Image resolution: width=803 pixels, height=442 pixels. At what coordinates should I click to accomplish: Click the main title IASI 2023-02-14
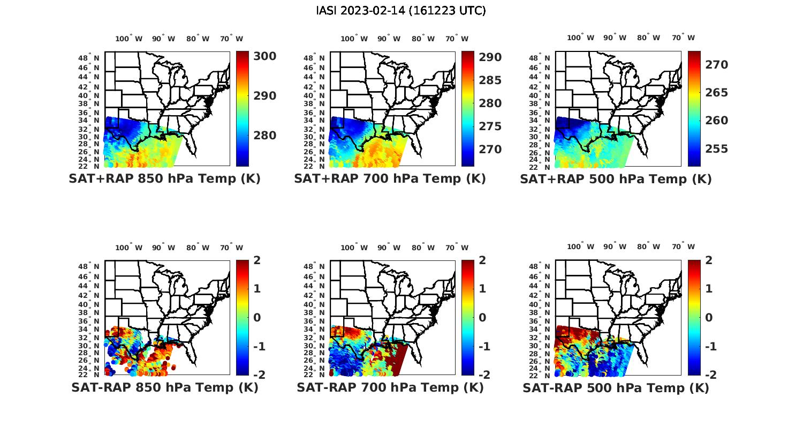401,11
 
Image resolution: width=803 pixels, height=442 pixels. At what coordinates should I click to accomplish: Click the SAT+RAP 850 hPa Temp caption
164,179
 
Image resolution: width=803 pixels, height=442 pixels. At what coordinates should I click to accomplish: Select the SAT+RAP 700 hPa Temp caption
390,179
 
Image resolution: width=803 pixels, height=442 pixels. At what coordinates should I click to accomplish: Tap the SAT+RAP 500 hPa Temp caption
616,179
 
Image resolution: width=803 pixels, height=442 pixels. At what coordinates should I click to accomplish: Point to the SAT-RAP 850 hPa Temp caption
164,388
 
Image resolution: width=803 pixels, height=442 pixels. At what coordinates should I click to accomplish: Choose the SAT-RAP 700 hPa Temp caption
390,388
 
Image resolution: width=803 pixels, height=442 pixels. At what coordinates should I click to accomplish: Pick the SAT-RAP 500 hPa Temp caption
616,388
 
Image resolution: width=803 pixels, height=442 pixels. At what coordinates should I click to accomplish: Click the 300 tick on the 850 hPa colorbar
264,56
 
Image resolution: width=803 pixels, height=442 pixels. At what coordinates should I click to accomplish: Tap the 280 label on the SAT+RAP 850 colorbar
264,136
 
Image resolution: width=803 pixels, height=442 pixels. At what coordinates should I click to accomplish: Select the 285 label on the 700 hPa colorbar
490,80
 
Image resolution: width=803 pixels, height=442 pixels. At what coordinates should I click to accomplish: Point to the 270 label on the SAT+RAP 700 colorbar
490,149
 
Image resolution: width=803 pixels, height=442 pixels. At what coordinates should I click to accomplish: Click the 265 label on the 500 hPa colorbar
716,93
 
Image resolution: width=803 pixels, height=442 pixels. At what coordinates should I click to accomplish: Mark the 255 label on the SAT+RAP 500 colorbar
716,149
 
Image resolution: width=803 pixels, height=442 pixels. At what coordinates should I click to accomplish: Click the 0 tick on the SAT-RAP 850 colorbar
257,318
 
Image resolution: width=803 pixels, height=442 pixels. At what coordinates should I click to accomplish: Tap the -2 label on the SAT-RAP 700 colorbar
483,374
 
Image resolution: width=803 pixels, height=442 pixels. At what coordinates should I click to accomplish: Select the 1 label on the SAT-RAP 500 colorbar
709,289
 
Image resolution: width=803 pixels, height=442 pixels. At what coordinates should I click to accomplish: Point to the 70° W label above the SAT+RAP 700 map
457,39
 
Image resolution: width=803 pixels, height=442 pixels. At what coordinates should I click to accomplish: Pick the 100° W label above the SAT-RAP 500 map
581,247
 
